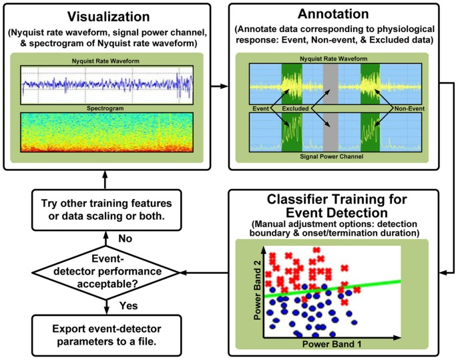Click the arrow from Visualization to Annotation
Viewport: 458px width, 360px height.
tap(217, 85)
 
